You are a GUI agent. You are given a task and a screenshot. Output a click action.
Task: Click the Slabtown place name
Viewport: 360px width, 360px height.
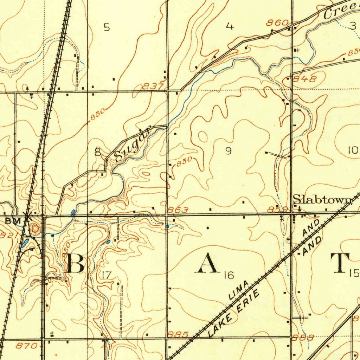point(322,199)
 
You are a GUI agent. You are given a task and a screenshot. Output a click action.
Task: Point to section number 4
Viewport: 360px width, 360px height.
point(230,27)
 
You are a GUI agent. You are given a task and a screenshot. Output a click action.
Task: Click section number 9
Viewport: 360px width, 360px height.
point(229,151)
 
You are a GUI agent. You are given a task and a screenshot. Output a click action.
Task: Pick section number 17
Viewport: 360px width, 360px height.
point(106,275)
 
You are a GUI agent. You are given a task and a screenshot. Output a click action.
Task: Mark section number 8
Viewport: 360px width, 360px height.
point(98,152)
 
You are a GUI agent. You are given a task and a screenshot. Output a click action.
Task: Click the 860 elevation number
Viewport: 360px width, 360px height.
point(277,23)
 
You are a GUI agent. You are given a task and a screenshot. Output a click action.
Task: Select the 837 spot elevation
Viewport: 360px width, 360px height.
point(153,86)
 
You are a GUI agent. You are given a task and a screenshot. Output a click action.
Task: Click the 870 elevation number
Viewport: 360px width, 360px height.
point(27,346)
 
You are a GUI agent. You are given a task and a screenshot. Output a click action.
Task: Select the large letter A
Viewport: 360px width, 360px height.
point(208,264)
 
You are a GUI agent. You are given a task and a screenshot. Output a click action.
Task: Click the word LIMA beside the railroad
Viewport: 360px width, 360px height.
point(239,290)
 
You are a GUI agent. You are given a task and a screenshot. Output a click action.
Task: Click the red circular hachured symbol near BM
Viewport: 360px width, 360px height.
point(35,229)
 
